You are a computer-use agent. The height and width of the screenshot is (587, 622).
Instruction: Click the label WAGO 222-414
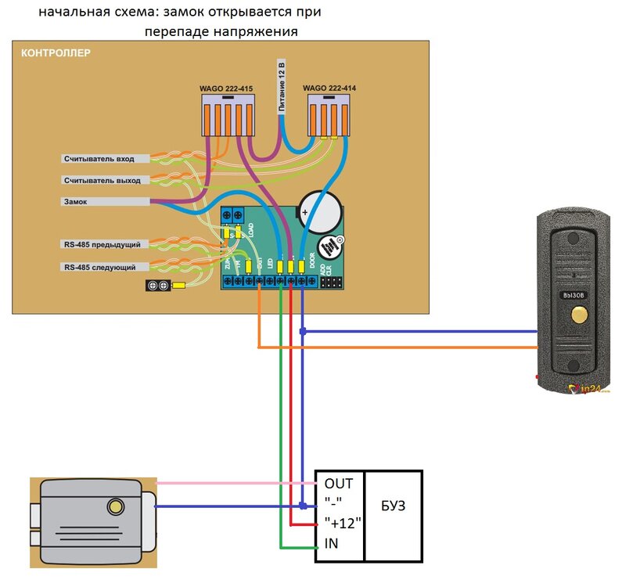pyautogui.click(x=329, y=90)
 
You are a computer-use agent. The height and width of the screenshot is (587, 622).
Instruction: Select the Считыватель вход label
pyautogui.click(x=99, y=159)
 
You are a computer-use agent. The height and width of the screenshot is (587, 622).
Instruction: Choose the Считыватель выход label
pyautogui.click(x=102, y=180)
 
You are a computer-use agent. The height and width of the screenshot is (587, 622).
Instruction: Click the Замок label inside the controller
pyautogui.click(x=76, y=201)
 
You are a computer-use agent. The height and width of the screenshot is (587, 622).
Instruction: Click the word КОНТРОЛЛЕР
pyautogui.click(x=55, y=54)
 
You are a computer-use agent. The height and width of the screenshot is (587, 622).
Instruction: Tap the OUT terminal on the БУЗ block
pyautogui.click(x=339, y=483)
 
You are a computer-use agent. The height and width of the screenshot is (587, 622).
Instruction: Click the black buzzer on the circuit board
pyautogui.click(x=333, y=247)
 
